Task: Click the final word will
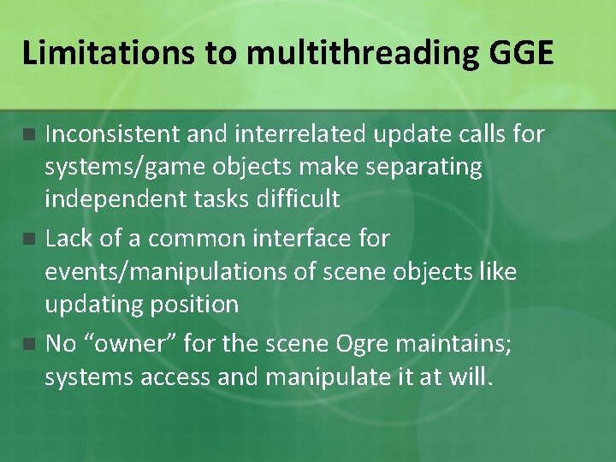point(473,377)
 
